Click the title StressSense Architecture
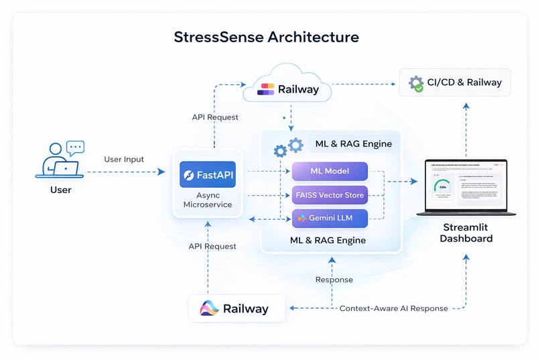point(266,36)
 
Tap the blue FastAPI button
point(207,175)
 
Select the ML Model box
point(330,171)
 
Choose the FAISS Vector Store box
point(330,195)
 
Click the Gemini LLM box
point(330,219)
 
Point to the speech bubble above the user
point(75,147)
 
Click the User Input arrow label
point(124,160)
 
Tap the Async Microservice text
point(207,200)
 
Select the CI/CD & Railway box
point(455,83)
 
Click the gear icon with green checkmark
point(416,84)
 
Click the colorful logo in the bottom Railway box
point(210,308)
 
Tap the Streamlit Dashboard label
point(466,233)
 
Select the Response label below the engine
point(334,280)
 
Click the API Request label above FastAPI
point(215,117)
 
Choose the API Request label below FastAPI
point(212,246)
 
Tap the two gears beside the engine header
point(289,147)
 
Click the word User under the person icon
point(60,190)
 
